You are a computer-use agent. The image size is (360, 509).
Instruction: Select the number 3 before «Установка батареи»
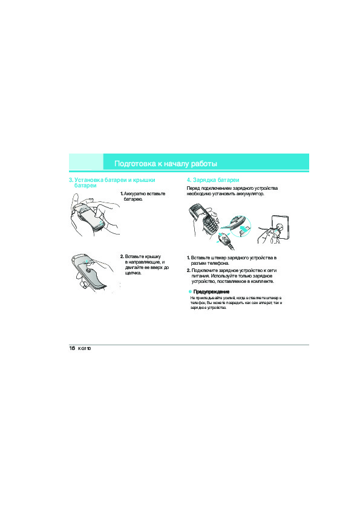71,180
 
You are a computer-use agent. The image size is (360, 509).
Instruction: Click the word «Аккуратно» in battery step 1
134,194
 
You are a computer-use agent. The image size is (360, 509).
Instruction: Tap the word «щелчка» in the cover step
133,273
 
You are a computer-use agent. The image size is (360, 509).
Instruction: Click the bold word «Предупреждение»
211,292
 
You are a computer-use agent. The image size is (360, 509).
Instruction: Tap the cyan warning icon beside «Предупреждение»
190,292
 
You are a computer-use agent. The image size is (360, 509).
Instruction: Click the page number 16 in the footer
72,348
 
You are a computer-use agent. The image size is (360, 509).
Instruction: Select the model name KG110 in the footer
85,349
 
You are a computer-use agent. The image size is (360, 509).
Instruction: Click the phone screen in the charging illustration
198,211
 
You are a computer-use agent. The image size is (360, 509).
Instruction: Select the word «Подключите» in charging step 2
205,271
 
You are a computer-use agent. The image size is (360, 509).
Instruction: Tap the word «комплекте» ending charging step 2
263,282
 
